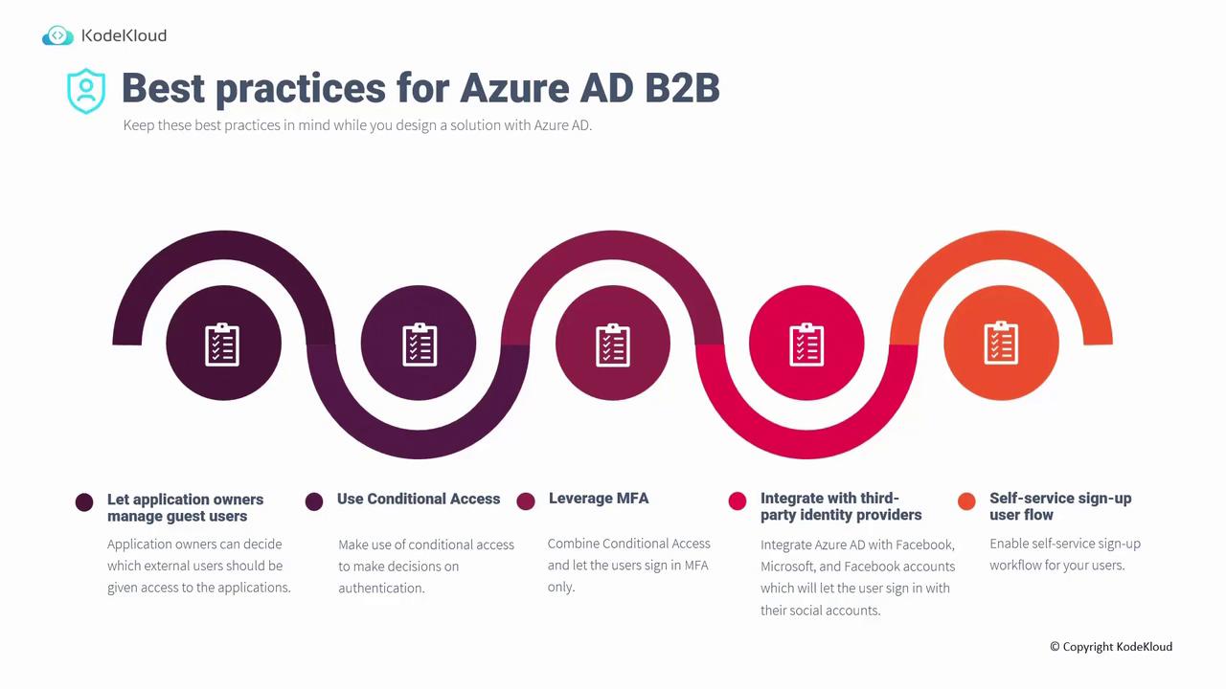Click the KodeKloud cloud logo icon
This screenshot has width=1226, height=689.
coord(57,35)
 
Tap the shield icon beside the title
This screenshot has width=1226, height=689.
coord(86,91)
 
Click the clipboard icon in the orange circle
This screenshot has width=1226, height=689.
coord(1001,343)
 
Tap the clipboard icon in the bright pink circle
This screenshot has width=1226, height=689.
coord(806,344)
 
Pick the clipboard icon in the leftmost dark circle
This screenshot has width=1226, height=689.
coord(222,344)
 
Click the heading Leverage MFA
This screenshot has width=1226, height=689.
coord(599,499)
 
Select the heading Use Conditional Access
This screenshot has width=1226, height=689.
coord(419,499)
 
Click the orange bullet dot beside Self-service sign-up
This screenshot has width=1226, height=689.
coord(966,500)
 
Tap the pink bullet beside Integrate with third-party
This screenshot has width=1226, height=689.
coord(738,500)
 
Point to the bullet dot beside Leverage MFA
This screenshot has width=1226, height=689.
coord(526,500)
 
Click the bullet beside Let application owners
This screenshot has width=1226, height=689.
coord(84,502)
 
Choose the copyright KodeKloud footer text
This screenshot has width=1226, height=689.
coord(1111,646)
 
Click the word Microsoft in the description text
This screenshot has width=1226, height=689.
coord(786,567)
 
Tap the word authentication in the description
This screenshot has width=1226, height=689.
coord(381,589)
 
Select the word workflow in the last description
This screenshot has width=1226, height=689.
coord(1014,565)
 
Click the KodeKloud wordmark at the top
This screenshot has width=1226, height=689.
coord(124,35)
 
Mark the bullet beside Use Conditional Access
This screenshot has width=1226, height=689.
coord(314,501)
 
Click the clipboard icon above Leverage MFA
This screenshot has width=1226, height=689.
coord(612,344)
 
